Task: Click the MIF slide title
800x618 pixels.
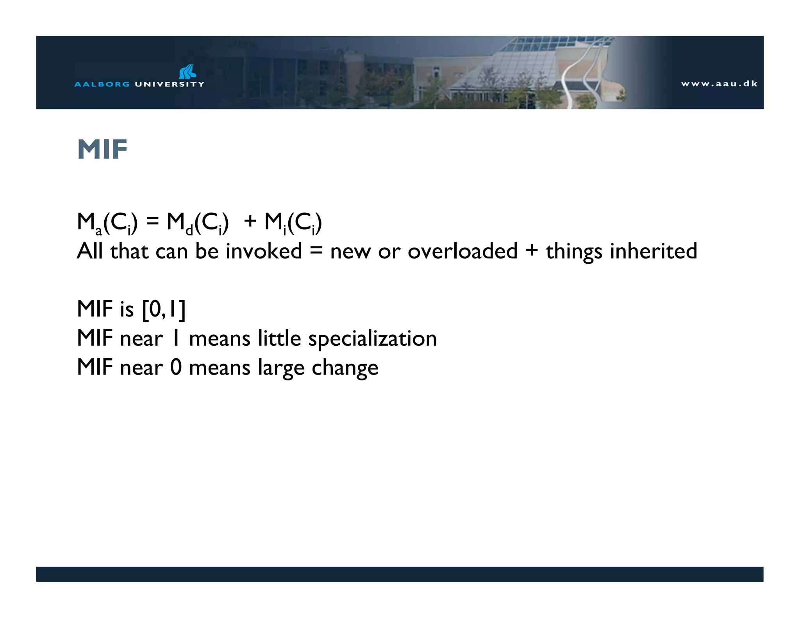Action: pos(102,149)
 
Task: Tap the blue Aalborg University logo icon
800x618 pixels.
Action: pos(187,71)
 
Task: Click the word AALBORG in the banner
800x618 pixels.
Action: pos(102,84)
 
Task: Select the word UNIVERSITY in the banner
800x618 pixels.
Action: pos(169,84)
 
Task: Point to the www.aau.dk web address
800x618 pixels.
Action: pos(719,84)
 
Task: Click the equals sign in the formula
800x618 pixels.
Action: pos(152,222)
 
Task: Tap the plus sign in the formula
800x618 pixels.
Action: pos(250,222)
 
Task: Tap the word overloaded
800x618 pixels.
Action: pos(462,251)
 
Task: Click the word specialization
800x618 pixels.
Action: pos(372,339)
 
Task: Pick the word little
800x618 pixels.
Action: pos(279,338)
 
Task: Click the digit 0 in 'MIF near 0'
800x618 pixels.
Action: pos(176,367)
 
